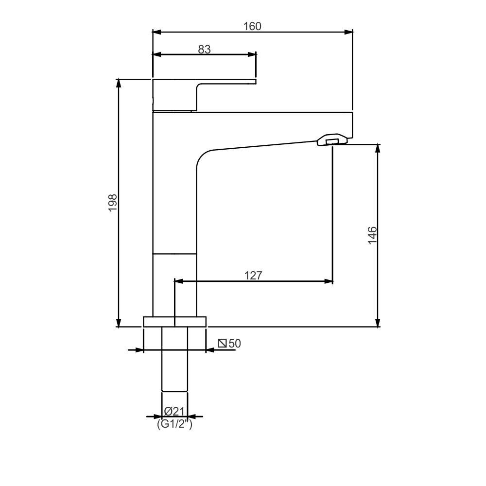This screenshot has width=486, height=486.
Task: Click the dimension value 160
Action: (x=252, y=26)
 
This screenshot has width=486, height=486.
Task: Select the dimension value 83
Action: (x=205, y=49)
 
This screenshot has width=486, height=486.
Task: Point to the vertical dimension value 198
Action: (x=113, y=203)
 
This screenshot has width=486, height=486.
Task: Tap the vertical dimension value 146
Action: (x=372, y=235)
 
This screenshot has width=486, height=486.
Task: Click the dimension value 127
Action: (x=253, y=276)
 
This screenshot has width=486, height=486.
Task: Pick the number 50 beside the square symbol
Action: (x=235, y=344)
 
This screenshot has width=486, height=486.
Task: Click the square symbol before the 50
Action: (x=223, y=344)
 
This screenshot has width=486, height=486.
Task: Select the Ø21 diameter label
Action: (x=174, y=411)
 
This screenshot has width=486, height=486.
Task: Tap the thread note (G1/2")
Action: (x=174, y=424)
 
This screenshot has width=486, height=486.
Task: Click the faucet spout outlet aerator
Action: (x=332, y=140)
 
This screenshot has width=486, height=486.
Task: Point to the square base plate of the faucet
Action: (x=174, y=321)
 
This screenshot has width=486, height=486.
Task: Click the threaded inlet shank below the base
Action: (x=174, y=360)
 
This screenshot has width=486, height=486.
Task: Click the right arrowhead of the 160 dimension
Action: (x=348, y=32)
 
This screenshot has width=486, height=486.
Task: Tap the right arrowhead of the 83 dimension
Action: (x=252, y=55)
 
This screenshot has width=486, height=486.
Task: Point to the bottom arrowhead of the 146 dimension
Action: (x=378, y=323)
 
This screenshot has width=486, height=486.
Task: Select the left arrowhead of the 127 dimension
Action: (x=178, y=281)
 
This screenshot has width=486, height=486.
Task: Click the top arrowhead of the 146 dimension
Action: (x=378, y=148)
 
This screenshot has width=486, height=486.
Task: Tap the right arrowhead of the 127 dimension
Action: (x=330, y=281)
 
